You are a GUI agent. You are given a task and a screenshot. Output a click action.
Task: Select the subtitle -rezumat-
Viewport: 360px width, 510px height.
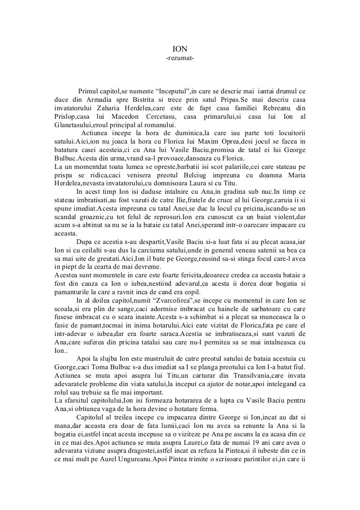coord(180,58)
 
